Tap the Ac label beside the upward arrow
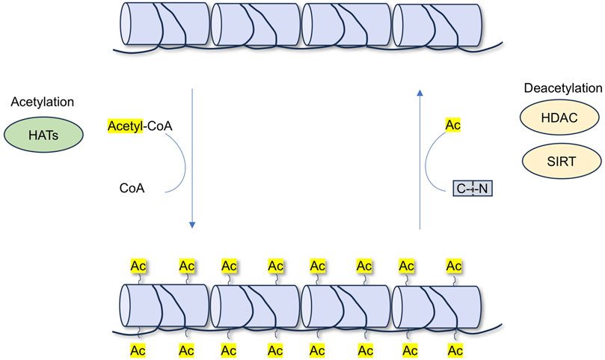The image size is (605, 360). [x=453, y=125]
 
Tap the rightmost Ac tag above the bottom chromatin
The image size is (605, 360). [x=453, y=266]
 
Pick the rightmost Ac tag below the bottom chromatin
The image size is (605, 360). [x=453, y=350]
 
